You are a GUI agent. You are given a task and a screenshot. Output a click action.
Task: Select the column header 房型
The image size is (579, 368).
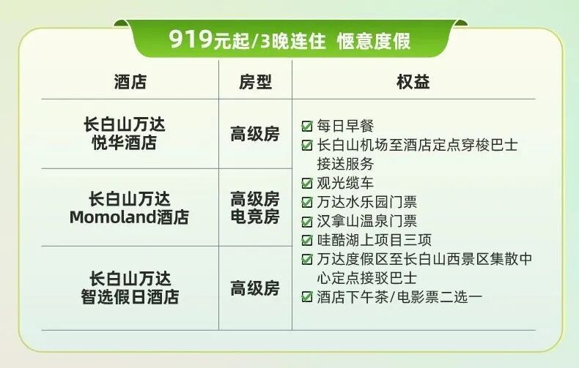coord(255,82)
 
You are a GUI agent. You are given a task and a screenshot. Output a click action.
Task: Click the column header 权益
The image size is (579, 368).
coord(413,82)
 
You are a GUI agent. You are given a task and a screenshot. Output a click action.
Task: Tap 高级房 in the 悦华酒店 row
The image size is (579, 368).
coord(255,135)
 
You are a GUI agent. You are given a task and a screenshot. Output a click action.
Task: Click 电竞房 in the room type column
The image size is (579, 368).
coord(255,217)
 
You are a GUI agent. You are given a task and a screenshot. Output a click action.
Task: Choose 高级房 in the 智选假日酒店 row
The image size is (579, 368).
coord(255,288)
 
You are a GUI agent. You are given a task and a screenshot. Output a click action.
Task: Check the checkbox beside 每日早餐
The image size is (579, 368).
coord(307,127)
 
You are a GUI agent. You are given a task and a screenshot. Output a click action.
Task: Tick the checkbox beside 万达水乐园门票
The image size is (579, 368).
coord(307,202)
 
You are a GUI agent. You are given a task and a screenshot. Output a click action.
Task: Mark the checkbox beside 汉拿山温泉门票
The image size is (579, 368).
coord(307,221)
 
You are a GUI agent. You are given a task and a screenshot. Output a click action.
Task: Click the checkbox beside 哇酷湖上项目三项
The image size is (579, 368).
coord(307,240)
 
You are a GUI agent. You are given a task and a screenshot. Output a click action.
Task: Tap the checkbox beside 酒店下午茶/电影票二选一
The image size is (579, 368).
coord(307,297)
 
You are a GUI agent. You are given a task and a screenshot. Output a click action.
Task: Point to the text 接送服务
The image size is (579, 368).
coord(345,164)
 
